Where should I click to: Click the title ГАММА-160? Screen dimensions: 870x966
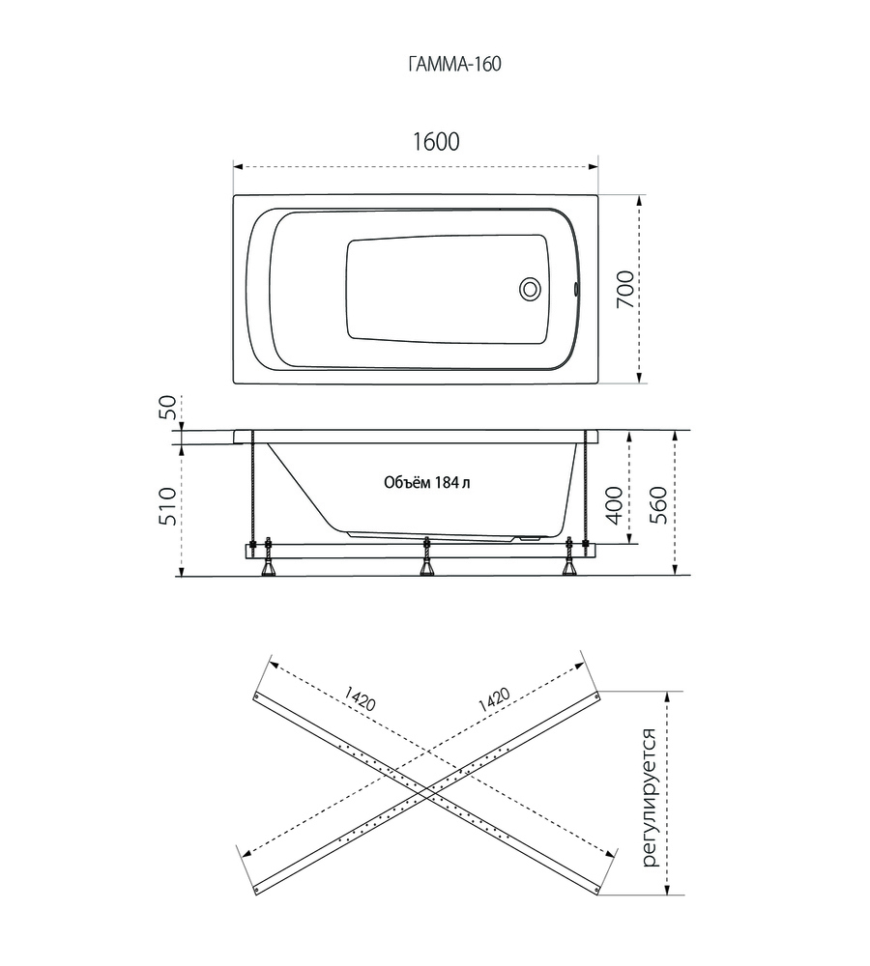[x=454, y=64]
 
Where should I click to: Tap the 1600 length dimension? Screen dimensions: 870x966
[x=435, y=142]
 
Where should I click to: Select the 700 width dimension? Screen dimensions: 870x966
[x=624, y=289]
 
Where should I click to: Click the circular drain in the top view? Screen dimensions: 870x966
[x=530, y=288]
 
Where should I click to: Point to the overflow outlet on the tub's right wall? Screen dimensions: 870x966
[x=575, y=288]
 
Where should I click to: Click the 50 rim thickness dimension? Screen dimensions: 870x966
[x=167, y=408]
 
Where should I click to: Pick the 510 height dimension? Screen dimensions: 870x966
[x=167, y=506]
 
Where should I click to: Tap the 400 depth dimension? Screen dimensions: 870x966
[x=614, y=504]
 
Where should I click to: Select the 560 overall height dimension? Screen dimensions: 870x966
[x=659, y=504]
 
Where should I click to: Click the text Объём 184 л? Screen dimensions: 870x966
[x=426, y=482]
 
